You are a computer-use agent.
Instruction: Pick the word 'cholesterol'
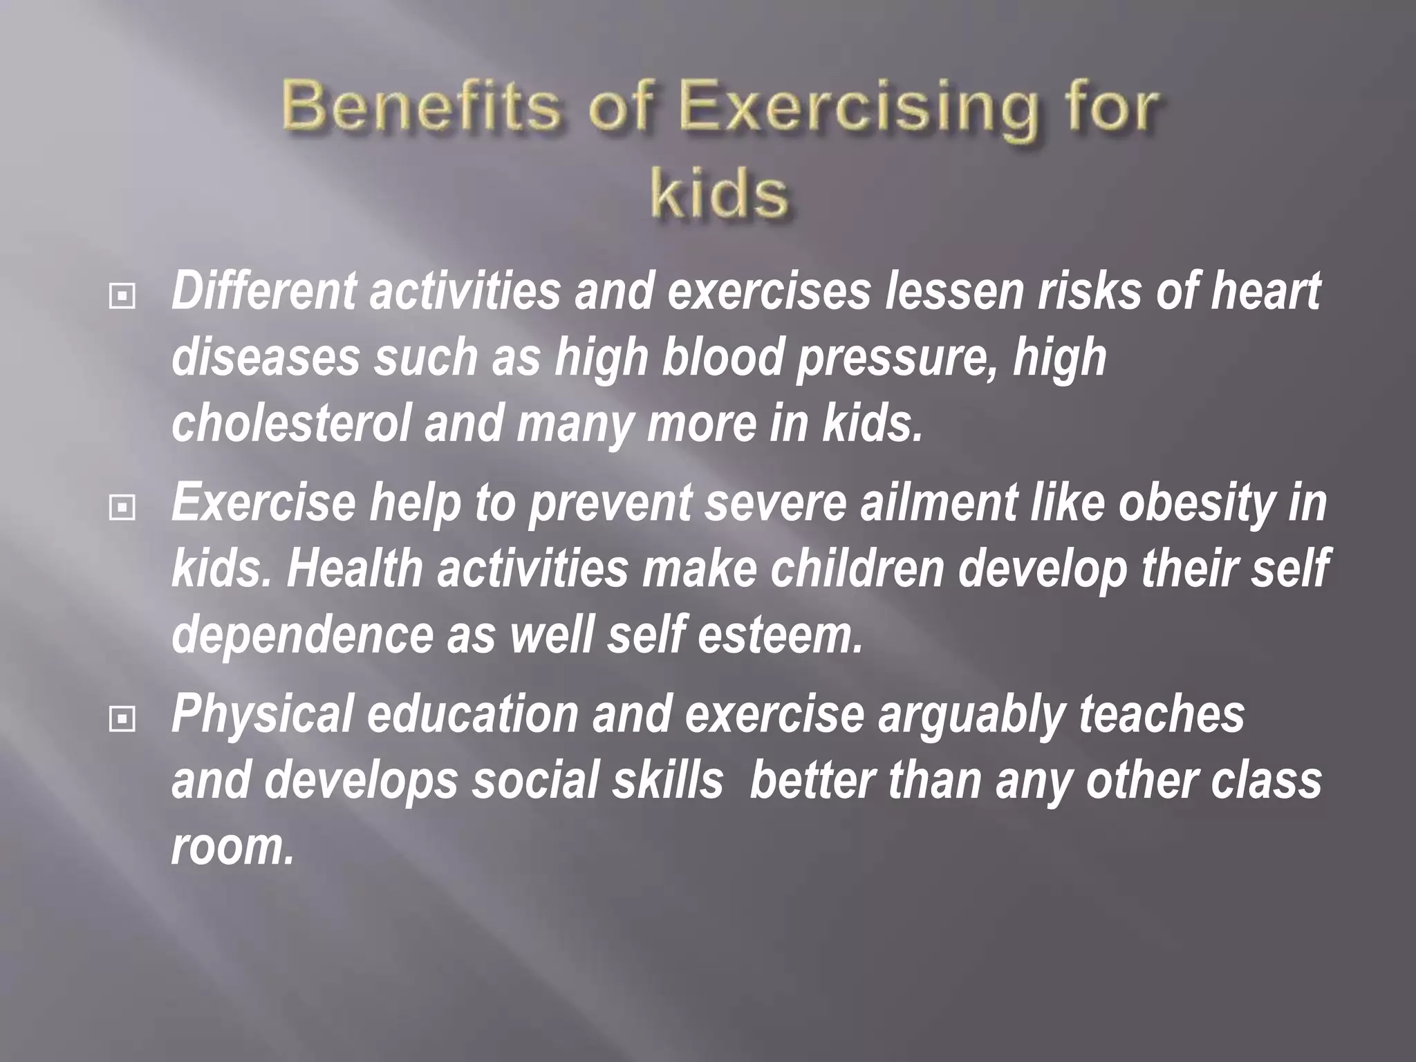pyautogui.click(x=290, y=423)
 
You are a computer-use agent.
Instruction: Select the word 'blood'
pyautogui.click(x=722, y=357)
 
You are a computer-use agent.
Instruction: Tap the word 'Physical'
pyautogui.click(x=263, y=715)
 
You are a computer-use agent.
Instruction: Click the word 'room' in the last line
pyautogui.click(x=232, y=848)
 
